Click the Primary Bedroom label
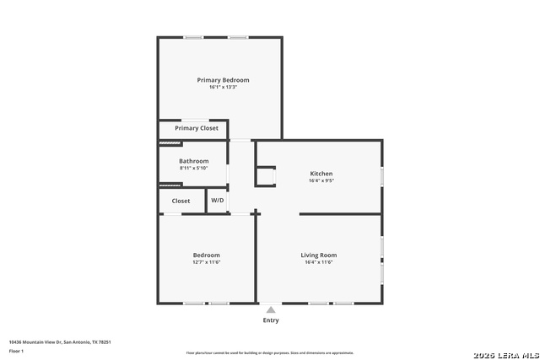pos(223,80)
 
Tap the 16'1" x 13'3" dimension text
pos(223,88)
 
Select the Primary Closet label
pos(197,128)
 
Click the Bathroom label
pos(193,161)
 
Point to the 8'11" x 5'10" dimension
pos(193,169)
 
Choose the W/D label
pos(218,201)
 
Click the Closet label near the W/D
pos(181,201)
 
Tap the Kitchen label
pos(321,174)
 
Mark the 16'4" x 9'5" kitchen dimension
pos(321,180)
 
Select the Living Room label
pos(319,255)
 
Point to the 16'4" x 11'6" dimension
pos(319,262)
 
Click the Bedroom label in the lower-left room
pos(206,255)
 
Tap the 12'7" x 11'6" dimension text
pos(206,262)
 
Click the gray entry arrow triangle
pos(271,310)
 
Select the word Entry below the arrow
pos(271,320)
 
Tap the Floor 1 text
pos(16,350)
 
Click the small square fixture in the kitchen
pos(266,175)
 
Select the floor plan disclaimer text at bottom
pos(270,353)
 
